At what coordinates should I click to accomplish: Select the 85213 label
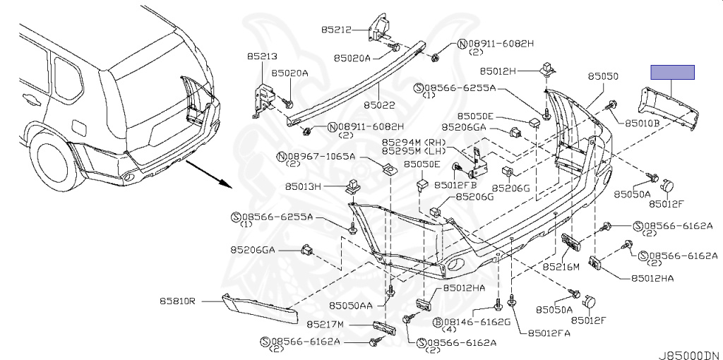[x=261, y=56]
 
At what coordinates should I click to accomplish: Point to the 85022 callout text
[x=379, y=105]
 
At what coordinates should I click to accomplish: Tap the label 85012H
[x=499, y=71]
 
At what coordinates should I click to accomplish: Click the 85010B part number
[x=642, y=122]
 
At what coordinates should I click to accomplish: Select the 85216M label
[x=561, y=267]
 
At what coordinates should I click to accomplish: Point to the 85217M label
[x=325, y=324]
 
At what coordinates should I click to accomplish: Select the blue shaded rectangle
[x=672, y=71]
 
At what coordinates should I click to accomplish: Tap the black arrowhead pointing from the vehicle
[x=225, y=184]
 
